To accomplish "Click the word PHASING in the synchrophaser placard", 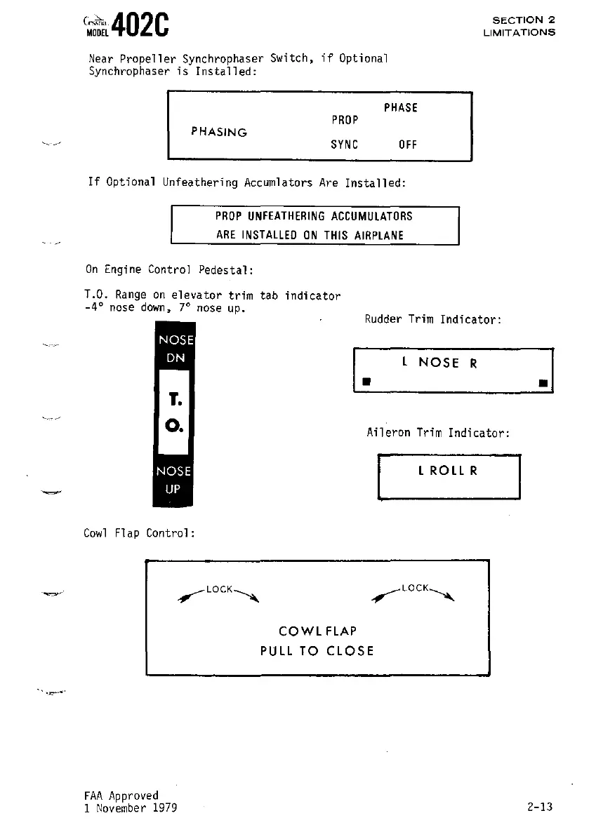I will tap(219, 132).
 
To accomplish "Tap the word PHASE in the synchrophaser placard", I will tap(400, 108).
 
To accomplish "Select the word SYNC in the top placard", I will tap(344, 145).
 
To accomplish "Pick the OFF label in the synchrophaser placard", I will tap(407, 145).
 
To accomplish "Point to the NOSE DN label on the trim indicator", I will tap(173, 348).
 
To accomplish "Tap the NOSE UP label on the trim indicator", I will tap(173, 481).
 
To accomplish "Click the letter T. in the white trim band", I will tap(175, 400).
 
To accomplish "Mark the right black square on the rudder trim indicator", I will tap(543, 383).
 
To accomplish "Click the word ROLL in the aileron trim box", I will tap(448, 471).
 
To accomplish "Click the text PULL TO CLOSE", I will tap(317, 651).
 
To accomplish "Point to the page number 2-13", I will tap(540, 807).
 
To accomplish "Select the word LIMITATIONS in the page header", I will tap(519, 32).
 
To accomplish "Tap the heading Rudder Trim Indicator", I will tap(432, 320).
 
